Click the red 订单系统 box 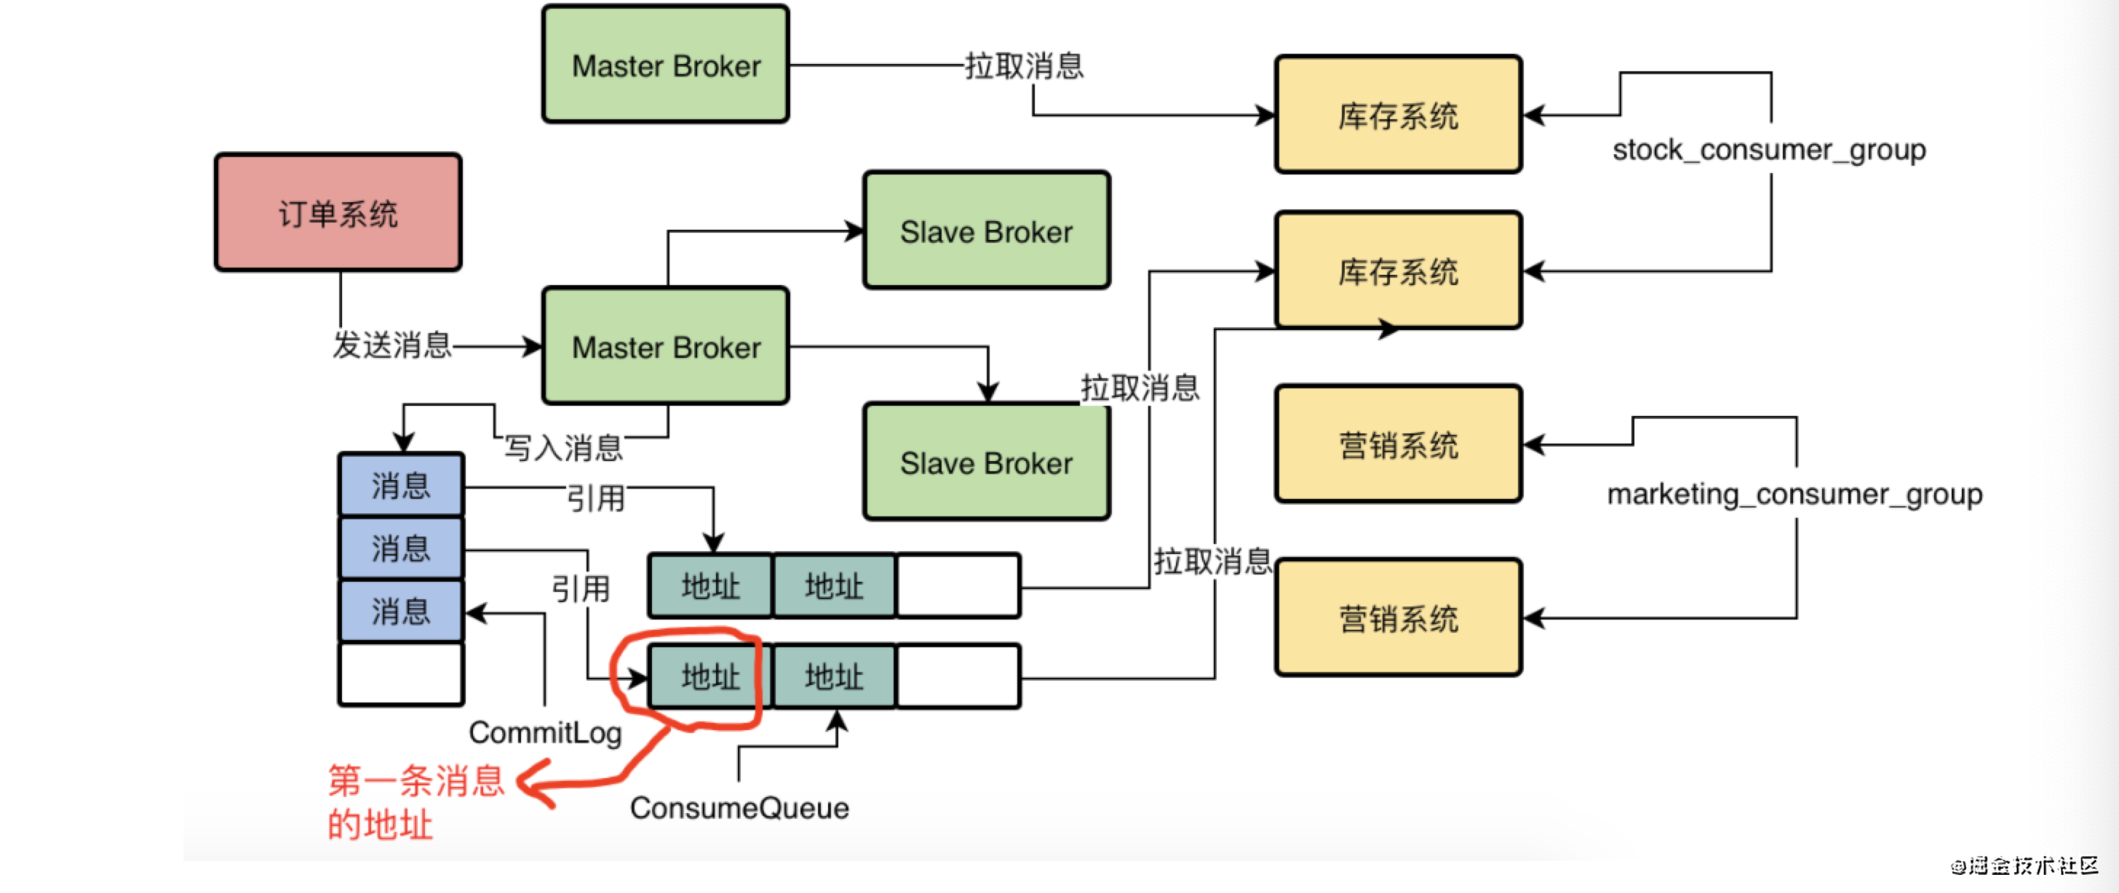coord(338,212)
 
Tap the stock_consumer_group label coord(1768,151)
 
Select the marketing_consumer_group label coord(1795,494)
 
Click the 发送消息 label coord(392,345)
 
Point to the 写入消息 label coord(563,448)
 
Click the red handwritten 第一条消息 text coord(416,780)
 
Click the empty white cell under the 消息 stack coord(402,674)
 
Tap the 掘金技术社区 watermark coord(2026,865)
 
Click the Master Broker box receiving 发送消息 coord(667,346)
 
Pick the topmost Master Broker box coord(667,65)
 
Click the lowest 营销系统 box coord(1399,618)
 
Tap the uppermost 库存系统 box coord(1399,115)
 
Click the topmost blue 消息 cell coord(402,485)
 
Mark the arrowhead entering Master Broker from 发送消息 coord(533,346)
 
